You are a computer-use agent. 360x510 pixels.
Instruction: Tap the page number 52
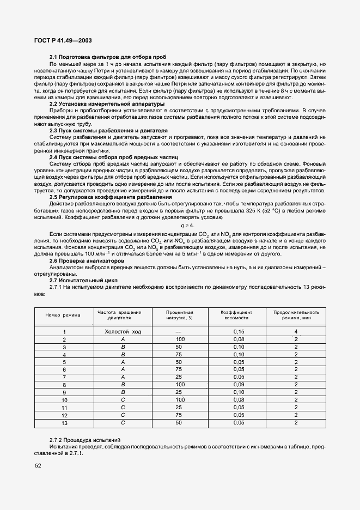[x=38, y=465]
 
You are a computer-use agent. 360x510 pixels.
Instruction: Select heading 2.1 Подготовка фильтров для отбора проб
[x=108, y=57]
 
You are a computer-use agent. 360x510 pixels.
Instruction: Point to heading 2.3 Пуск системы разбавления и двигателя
[x=108, y=131]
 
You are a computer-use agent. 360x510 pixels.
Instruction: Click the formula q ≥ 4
[x=180, y=224]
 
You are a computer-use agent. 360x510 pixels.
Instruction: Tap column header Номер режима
[x=63, y=315]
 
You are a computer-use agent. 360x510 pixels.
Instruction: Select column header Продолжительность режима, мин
[x=296, y=314]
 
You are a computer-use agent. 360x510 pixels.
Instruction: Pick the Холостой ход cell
[x=123, y=331]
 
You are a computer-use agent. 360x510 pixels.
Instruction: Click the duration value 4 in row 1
[x=296, y=331]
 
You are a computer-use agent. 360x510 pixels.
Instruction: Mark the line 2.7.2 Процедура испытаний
[x=85, y=439]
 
